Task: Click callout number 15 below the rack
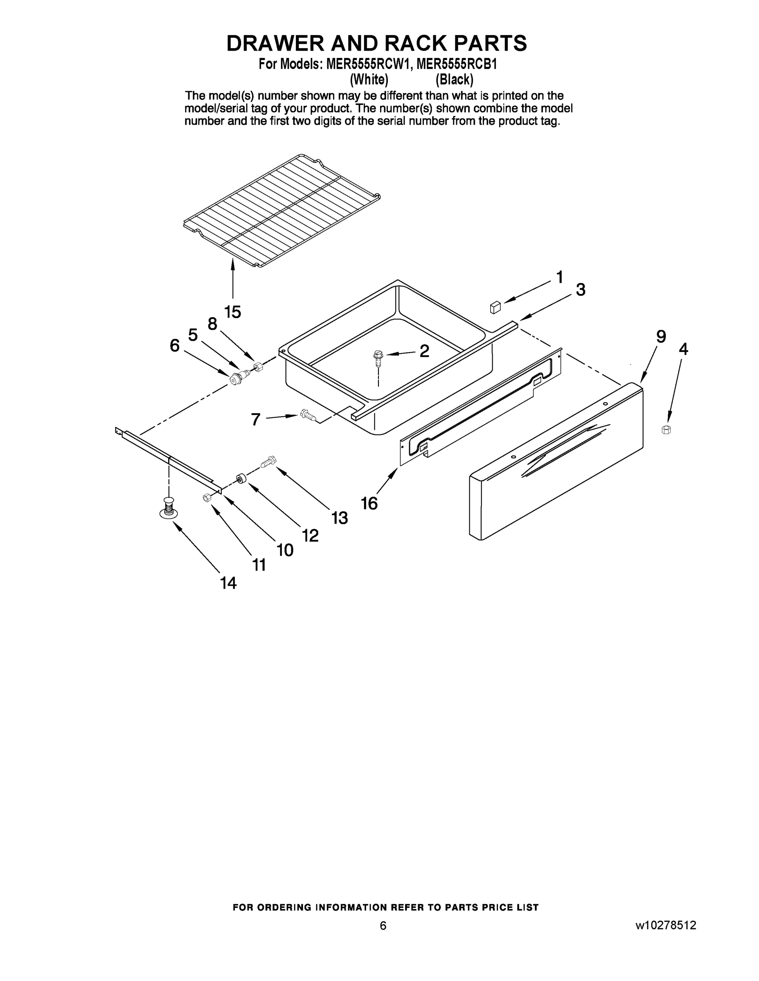click(232, 311)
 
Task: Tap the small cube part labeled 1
click(495, 307)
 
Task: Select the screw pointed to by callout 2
click(377, 356)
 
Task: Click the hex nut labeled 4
click(667, 430)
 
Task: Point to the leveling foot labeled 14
click(169, 509)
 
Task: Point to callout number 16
click(369, 504)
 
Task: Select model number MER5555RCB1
click(456, 64)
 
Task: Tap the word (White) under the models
click(369, 80)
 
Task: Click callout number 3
click(581, 290)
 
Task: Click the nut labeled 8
click(258, 367)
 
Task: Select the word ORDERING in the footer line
click(282, 907)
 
